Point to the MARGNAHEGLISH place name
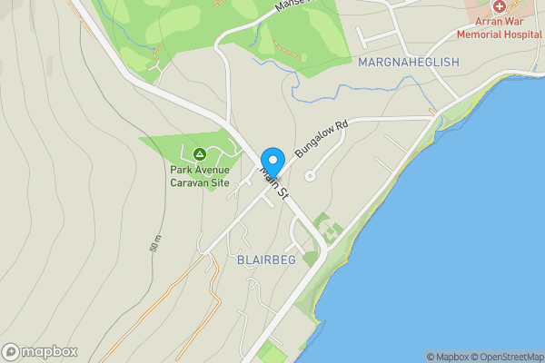pos(409,62)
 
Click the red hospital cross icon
pos(499,6)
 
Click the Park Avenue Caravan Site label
pos(200,175)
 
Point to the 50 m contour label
pos(155,242)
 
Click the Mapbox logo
pos(40,352)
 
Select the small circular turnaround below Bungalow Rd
pos(309,176)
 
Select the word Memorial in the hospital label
pos(481,34)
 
